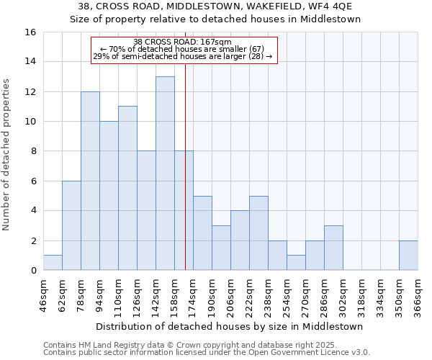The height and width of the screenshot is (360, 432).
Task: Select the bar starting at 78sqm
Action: pos(90,181)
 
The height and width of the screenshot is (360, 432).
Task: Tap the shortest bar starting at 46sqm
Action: pos(53,263)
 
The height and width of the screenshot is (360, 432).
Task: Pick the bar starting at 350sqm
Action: pos(408,256)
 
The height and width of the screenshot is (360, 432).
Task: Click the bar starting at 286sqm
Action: pos(333,248)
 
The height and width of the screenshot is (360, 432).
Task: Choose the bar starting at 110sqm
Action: pos(127,188)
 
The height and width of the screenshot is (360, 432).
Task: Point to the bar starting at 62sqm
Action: pos(71,225)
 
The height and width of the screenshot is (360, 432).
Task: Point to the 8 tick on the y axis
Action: pos(32,151)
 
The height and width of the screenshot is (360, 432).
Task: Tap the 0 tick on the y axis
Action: pos(32,271)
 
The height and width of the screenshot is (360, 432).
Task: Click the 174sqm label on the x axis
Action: pos(193,294)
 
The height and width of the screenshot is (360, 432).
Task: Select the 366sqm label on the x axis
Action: pos(418,294)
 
